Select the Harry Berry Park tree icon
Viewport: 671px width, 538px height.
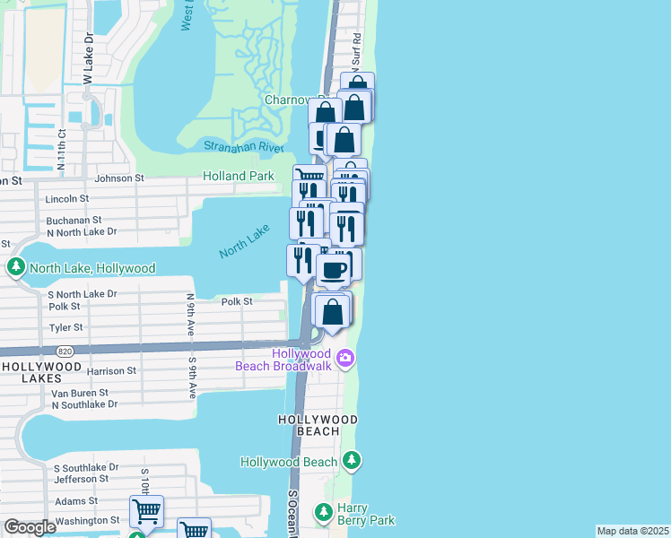(x=324, y=513)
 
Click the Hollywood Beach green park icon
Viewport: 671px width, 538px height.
(x=353, y=461)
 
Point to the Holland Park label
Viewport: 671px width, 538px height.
(x=238, y=177)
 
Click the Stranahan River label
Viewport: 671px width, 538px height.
(x=243, y=147)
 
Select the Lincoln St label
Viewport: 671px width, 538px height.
(x=67, y=198)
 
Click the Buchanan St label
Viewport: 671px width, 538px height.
(x=74, y=220)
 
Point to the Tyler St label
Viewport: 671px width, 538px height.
(x=67, y=327)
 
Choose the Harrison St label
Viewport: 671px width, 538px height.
(x=111, y=370)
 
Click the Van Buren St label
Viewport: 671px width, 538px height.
(x=80, y=393)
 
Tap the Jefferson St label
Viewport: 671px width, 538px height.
(x=81, y=479)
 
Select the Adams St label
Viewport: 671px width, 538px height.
(x=70, y=501)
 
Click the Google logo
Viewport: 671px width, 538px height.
(x=30, y=527)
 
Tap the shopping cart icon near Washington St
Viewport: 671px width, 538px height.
(x=146, y=512)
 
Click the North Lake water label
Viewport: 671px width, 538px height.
(x=244, y=241)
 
